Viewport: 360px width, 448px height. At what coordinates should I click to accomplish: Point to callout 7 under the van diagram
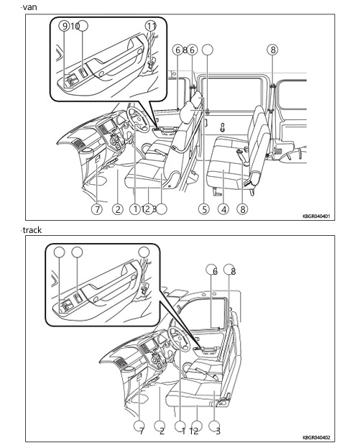(x=97, y=210)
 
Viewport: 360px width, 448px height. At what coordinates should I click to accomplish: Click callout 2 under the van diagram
(x=116, y=210)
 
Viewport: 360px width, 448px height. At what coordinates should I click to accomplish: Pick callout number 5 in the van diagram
(x=205, y=210)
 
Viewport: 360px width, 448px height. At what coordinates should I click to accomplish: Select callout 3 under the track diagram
(x=218, y=431)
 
